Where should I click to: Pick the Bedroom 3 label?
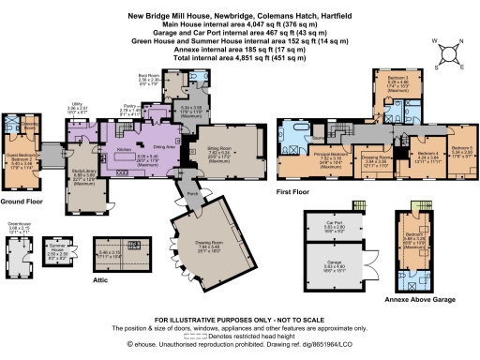click(x=398, y=81)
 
